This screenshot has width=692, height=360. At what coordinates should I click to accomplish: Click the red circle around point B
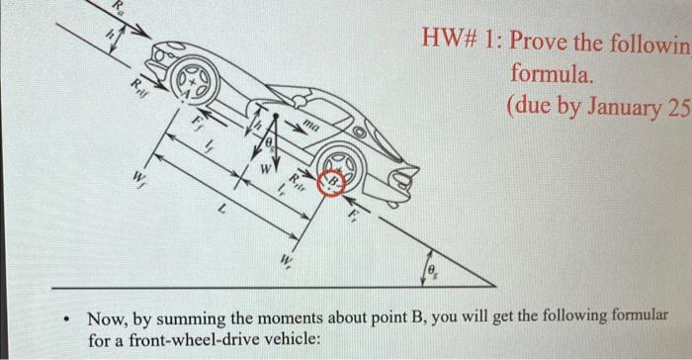(x=333, y=183)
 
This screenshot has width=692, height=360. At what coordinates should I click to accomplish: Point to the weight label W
(x=264, y=168)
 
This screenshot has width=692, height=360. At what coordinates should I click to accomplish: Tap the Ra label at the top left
(x=120, y=9)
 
